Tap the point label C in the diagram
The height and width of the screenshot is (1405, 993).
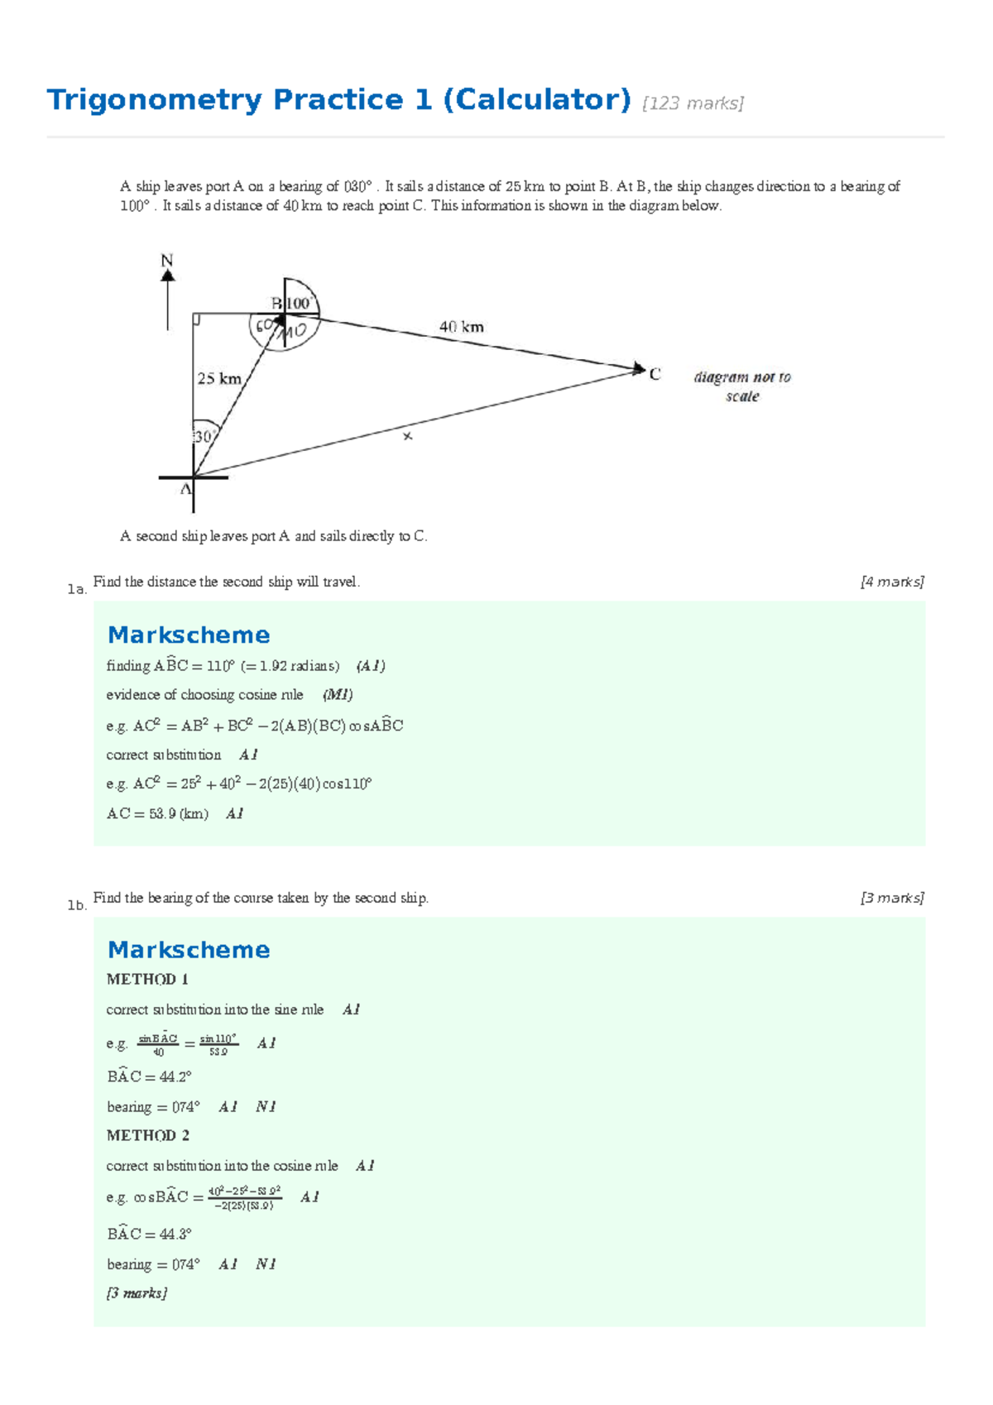tap(655, 374)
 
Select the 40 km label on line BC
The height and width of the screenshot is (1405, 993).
tap(461, 327)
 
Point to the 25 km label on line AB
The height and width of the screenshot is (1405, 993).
tap(218, 378)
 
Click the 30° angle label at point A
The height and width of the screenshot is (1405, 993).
tap(204, 436)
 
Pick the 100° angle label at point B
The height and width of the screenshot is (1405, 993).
tap(299, 304)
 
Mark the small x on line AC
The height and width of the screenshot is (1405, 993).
tap(407, 436)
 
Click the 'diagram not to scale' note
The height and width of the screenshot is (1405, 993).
tap(742, 386)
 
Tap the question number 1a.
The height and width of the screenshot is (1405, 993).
tap(77, 589)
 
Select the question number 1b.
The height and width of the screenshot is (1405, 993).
tap(77, 905)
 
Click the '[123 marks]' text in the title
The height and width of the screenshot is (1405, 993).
tap(693, 103)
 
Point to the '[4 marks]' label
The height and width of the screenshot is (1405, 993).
tap(892, 582)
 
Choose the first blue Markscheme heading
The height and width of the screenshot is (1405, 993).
tap(189, 635)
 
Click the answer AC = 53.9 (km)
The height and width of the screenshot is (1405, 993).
tap(157, 813)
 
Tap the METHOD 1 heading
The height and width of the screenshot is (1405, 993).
tap(147, 979)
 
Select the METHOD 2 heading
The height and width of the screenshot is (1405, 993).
tap(147, 1135)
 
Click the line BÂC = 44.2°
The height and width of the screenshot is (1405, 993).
tap(149, 1077)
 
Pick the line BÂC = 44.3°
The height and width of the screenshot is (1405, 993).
tap(149, 1234)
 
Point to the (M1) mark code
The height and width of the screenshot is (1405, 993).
tap(338, 694)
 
